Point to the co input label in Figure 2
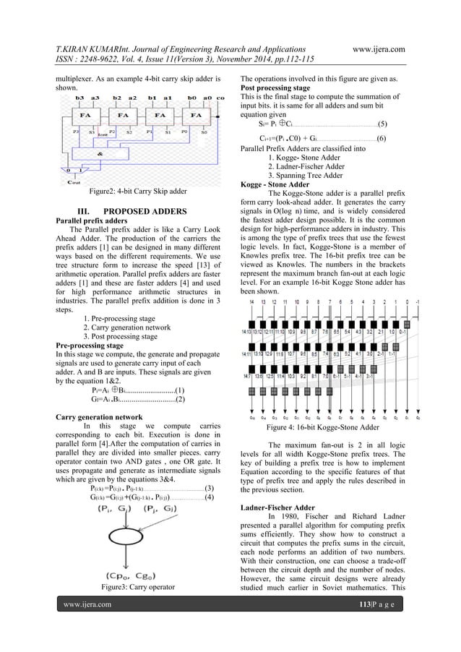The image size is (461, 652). pyautogui.click(x=220, y=96)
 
